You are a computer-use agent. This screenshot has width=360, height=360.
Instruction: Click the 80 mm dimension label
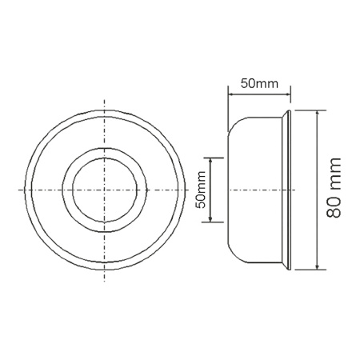click(334, 188)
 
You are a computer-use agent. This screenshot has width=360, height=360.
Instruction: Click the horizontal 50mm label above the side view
click(259, 84)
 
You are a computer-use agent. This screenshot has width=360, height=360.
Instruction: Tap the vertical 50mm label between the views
click(201, 190)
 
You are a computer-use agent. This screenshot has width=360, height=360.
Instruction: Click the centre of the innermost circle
click(105, 190)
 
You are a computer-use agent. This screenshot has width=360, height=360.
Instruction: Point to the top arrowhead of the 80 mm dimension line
click(317, 113)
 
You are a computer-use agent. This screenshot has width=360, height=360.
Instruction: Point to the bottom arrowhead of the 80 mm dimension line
click(317, 266)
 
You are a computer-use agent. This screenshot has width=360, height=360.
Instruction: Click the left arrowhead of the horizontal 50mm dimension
click(231, 94)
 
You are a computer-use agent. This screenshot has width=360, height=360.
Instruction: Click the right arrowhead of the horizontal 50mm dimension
click(287, 94)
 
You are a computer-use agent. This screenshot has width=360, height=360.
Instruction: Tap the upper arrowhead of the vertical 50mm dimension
click(210, 161)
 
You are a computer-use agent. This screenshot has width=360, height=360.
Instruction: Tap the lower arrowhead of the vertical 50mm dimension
click(210, 219)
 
